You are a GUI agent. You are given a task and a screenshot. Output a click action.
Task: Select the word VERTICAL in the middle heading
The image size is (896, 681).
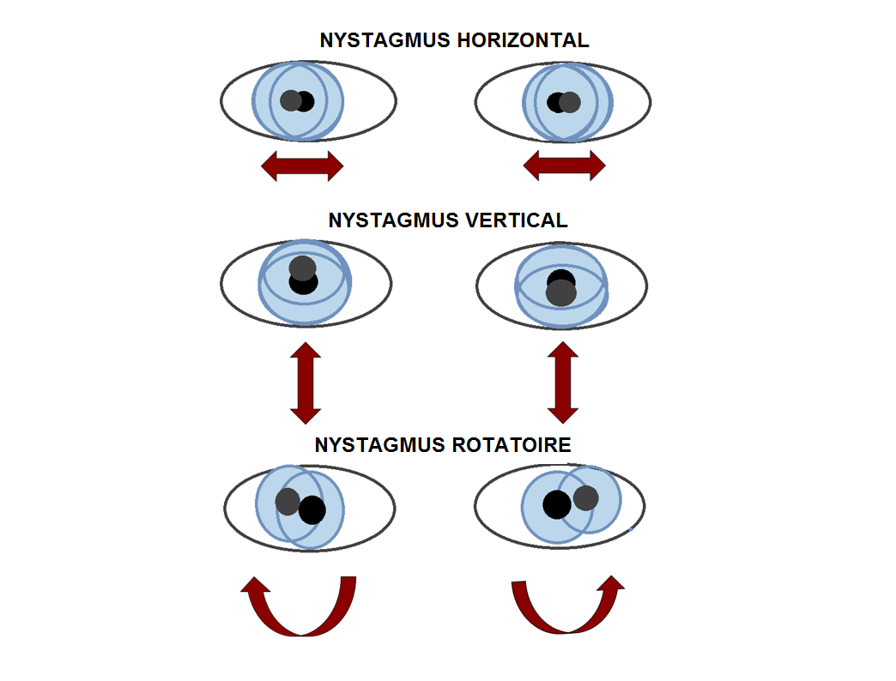[517, 220]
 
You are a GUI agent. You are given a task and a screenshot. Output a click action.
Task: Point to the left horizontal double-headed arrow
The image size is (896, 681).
[302, 165]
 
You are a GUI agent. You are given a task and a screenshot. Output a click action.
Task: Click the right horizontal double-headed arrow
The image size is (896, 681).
[564, 165]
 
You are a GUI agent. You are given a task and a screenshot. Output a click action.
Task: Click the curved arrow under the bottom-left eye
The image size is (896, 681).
[300, 609]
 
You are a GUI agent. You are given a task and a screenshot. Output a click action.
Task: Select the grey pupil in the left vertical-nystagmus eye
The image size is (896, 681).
[302, 268]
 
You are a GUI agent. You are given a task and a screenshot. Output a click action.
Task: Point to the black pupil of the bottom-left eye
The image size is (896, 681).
[313, 510]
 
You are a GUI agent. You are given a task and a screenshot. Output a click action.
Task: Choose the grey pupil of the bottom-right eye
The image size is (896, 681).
[586, 497]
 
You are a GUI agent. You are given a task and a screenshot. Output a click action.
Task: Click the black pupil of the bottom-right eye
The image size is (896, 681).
[555, 504]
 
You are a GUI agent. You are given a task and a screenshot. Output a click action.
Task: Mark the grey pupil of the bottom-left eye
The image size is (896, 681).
[288, 502]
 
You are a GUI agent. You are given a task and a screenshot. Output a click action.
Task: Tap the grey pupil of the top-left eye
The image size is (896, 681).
[290, 100]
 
